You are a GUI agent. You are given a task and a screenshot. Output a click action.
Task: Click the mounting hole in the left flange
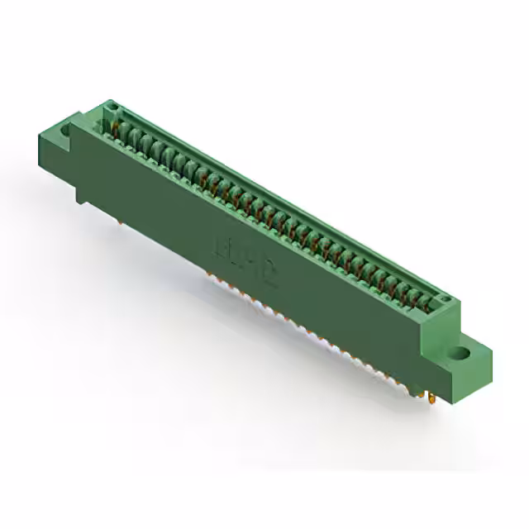pyautogui.click(x=65, y=132)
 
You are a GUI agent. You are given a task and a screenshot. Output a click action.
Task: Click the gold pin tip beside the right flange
pyautogui.click(x=431, y=399)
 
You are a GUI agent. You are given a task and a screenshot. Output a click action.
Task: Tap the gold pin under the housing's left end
pyautogui.click(x=122, y=221)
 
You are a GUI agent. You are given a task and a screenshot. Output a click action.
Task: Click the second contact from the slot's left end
pyautogui.click(x=130, y=135)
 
